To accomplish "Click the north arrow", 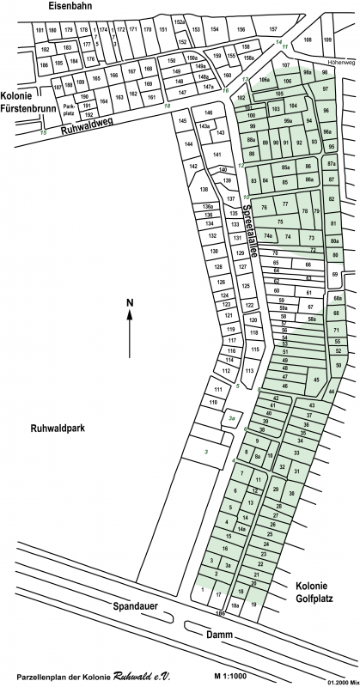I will pyautogui.click(x=129, y=334).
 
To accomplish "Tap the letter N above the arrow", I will pyautogui.click(x=129, y=303).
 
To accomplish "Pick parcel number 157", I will pyautogui.click(x=273, y=29).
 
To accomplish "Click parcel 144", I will pyautogui.click(x=189, y=145).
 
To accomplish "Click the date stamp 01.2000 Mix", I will pyautogui.click(x=341, y=683).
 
